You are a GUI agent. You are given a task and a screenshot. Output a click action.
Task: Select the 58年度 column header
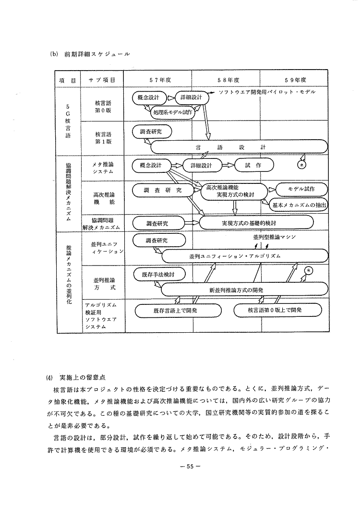228,80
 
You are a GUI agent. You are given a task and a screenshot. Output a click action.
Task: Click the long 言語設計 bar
238,147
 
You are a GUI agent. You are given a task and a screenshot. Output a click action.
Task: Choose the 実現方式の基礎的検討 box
256,223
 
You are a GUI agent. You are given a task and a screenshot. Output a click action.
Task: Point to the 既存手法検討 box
158,275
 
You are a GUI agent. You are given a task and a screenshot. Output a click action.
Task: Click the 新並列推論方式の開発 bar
244,290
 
